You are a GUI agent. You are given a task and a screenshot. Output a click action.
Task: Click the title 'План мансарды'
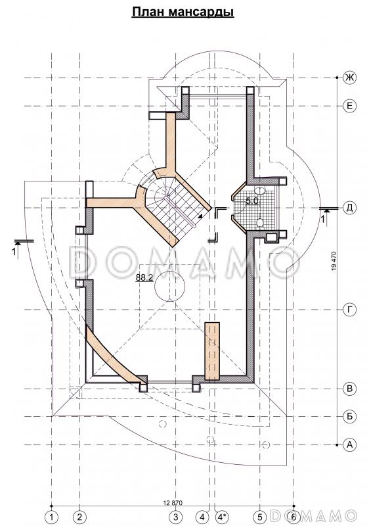point(183,12)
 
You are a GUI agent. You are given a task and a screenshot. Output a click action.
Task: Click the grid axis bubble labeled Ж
point(349,78)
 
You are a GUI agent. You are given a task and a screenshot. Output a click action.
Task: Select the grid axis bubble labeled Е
point(349,107)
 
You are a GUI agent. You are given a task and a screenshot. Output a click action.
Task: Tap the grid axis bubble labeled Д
point(349,208)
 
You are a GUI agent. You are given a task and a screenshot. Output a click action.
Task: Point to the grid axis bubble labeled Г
point(349,310)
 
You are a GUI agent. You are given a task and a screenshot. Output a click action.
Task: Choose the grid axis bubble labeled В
point(349,389)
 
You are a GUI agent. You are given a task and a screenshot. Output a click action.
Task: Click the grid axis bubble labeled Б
point(349,417)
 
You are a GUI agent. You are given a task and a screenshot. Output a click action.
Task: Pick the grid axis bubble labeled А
point(349,445)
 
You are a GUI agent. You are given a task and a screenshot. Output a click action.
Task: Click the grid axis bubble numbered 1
point(51,516)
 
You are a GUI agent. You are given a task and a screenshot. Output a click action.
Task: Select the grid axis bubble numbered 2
point(79,516)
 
